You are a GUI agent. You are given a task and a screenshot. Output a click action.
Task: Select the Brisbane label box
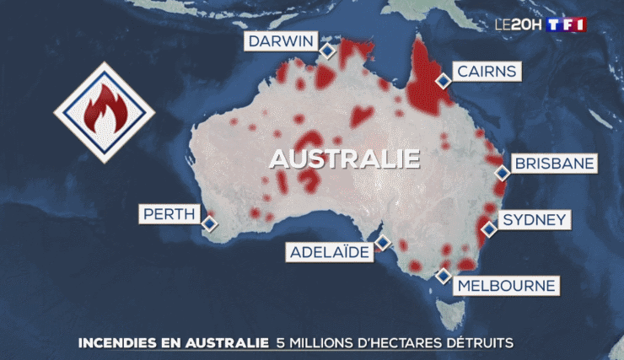click(x=554, y=164)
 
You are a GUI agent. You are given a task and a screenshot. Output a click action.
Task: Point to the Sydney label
click(x=534, y=221)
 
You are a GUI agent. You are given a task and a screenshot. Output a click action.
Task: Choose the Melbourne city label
click(x=507, y=286)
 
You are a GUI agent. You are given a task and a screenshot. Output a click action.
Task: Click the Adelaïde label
click(x=329, y=252)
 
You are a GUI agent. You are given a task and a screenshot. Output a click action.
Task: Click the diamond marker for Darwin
click(x=326, y=52)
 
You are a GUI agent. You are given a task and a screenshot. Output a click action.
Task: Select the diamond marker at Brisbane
click(x=503, y=173)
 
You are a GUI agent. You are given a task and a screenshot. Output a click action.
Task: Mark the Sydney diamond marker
click(x=488, y=228)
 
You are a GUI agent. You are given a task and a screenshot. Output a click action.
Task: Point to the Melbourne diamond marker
click(x=444, y=276)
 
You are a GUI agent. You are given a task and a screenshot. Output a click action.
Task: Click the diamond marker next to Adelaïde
click(x=383, y=243)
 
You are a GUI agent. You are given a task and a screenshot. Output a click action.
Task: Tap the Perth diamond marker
click(x=209, y=223)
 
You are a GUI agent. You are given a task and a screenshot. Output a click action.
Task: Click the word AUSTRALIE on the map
click(x=344, y=159)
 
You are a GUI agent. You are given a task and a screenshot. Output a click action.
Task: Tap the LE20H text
click(x=518, y=24)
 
